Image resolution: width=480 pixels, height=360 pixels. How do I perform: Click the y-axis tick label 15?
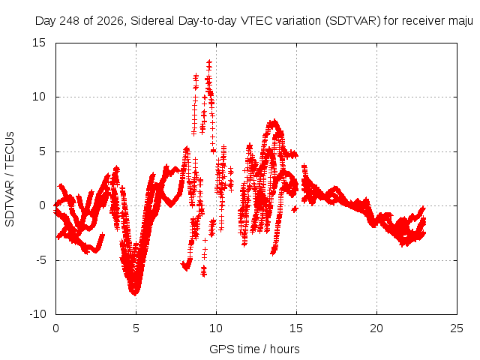tap(39, 43)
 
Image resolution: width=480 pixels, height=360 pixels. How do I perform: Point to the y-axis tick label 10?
tap(39, 97)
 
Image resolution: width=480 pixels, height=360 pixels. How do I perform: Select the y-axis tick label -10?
tap(37, 314)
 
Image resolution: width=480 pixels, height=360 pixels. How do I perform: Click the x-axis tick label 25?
tap(457, 328)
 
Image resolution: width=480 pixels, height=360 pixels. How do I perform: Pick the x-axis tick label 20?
tap(376, 328)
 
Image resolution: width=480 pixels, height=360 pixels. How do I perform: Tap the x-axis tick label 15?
tap(296, 328)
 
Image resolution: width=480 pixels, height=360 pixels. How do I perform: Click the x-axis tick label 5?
tap(136, 328)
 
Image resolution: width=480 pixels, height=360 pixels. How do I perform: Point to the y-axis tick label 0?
tap(42, 205)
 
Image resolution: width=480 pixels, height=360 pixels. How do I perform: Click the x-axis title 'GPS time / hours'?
tap(254, 349)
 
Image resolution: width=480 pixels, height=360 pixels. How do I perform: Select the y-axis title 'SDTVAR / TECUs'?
tap(10, 179)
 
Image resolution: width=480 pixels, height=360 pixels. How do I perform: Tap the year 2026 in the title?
tap(110, 21)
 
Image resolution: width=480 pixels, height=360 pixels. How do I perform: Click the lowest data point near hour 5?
tap(135, 293)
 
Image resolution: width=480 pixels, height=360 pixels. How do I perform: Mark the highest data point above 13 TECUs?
tap(209, 62)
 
